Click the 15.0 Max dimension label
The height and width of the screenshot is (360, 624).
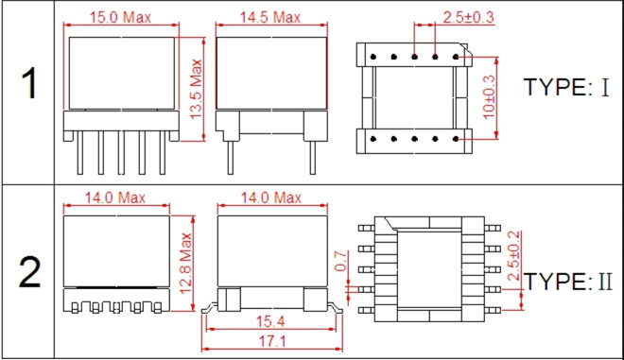120,18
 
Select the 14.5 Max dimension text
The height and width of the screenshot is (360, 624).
269,18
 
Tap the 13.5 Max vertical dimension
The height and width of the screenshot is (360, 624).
197,89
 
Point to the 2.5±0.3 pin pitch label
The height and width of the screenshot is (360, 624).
468,17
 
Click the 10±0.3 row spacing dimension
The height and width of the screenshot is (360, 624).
489,97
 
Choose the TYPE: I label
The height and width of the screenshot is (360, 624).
566,87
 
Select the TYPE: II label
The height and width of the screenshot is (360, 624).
568,282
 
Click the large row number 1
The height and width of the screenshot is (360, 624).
28,83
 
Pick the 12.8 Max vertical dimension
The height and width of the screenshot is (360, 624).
186,264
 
